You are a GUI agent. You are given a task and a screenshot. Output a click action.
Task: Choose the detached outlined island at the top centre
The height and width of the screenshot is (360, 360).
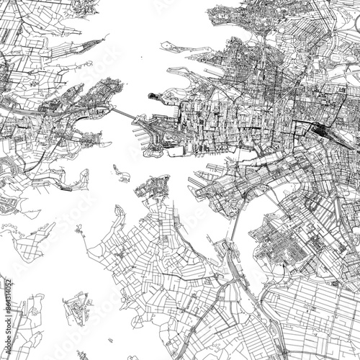[173, 46]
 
